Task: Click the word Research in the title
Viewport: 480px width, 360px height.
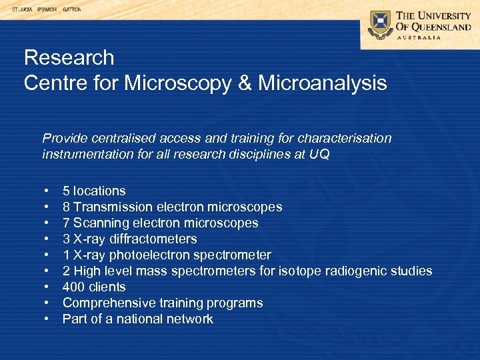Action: click(69, 58)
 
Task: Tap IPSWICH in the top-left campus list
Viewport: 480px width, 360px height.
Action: click(47, 10)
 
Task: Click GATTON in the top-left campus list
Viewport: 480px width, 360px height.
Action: click(72, 10)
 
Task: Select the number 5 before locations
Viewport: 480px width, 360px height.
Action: click(66, 191)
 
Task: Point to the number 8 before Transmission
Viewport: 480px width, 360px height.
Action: click(66, 207)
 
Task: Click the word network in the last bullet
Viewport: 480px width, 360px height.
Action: click(191, 319)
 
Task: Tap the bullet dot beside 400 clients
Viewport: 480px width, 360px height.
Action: click(47, 287)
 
